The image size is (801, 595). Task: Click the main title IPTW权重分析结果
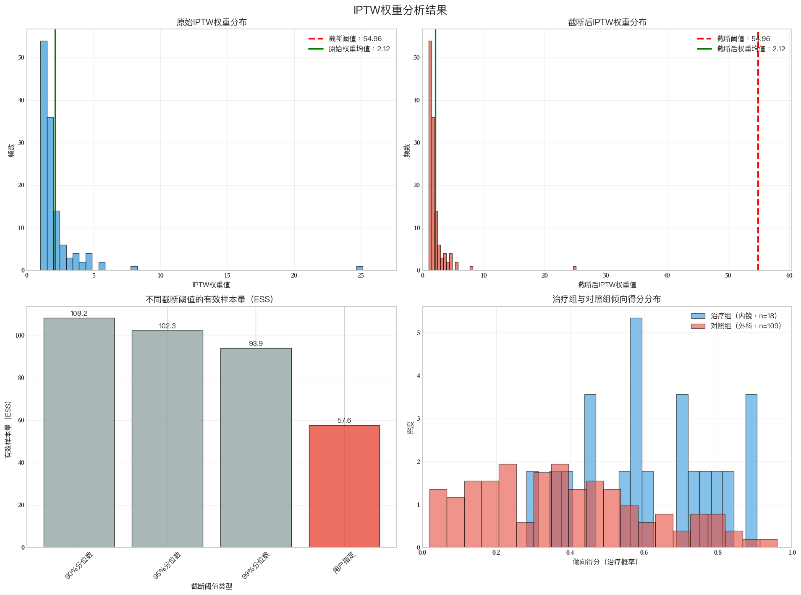click(x=400, y=10)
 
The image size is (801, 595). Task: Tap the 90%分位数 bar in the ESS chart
click(x=79, y=432)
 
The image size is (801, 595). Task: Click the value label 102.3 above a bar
click(x=167, y=326)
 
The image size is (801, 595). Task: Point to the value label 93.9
click(x=256, y=344)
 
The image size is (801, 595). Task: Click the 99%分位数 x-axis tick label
click(x=257, y=565)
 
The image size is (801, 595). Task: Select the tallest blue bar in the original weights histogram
click(x=44, y=155)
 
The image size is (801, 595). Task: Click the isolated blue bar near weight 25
click(x=360, y=268)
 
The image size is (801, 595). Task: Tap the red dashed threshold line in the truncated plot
click(x=758, y=168)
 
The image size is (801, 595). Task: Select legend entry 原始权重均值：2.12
click(x=359, y=49)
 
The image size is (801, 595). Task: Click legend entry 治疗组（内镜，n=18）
click(x=743, y=316)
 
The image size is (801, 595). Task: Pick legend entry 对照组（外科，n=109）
click(x=746, y=326)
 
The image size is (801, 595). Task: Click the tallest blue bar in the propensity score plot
click(x=636, y=432)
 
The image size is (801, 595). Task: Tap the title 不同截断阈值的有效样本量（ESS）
click(x=209, y=299)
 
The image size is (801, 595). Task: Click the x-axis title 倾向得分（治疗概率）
click(x=607, y=562)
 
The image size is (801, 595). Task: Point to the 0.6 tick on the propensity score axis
click(x=644, y=553)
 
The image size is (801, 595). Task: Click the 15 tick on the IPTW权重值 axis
click(x=227, y=275)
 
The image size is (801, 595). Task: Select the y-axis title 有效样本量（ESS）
click(x=8, y=430)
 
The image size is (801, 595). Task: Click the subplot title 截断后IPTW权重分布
click(x=607, y=23)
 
